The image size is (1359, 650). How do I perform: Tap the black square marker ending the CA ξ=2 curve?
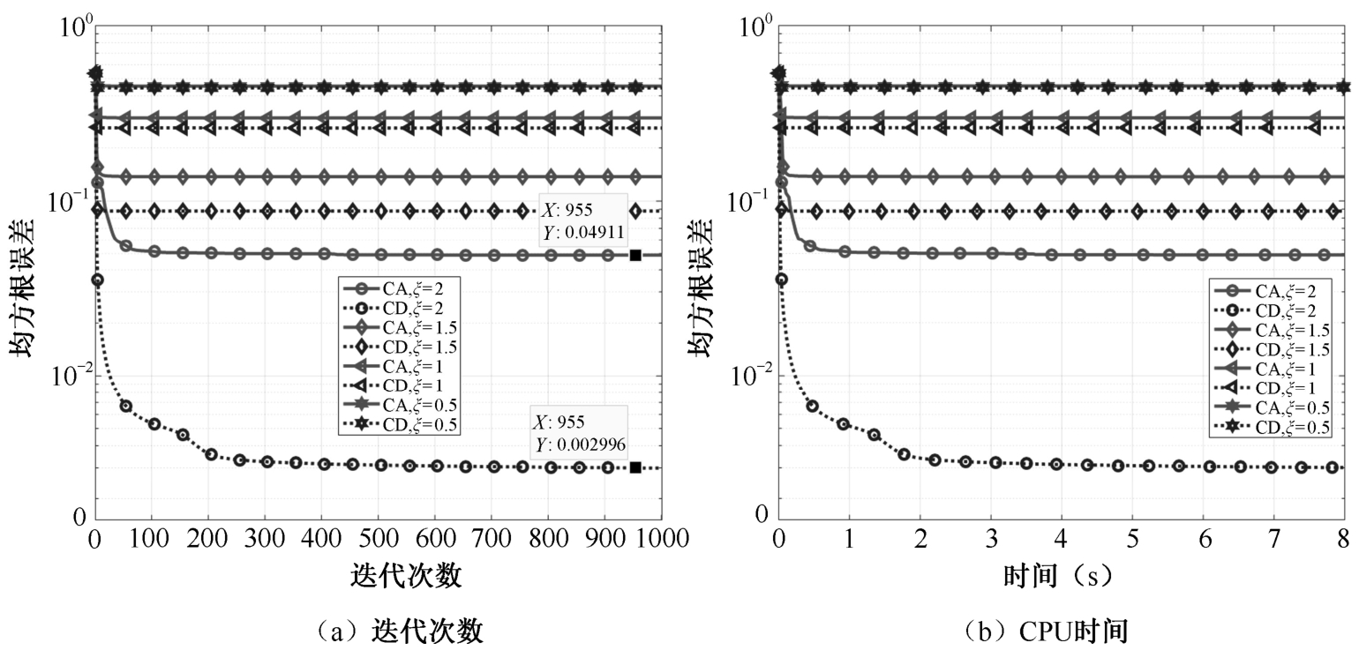tap(635, 255)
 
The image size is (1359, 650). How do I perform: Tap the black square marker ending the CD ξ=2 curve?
tap(635, 467)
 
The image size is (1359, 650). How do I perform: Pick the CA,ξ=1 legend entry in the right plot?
tap(1271, 368)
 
